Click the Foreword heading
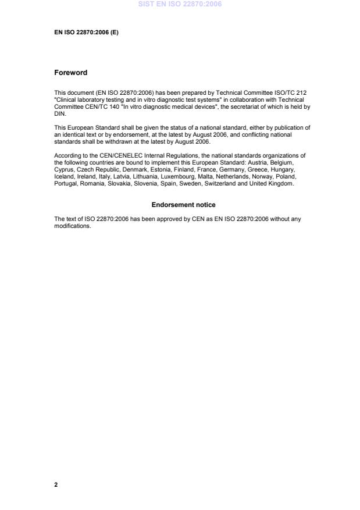point(70,73)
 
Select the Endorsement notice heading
point(183,205)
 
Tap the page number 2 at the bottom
point(56,484)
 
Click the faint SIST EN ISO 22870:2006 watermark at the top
point(180,5)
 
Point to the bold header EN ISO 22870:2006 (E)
point(86,33)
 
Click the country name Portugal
point(66,184)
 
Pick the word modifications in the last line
point(73,226)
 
